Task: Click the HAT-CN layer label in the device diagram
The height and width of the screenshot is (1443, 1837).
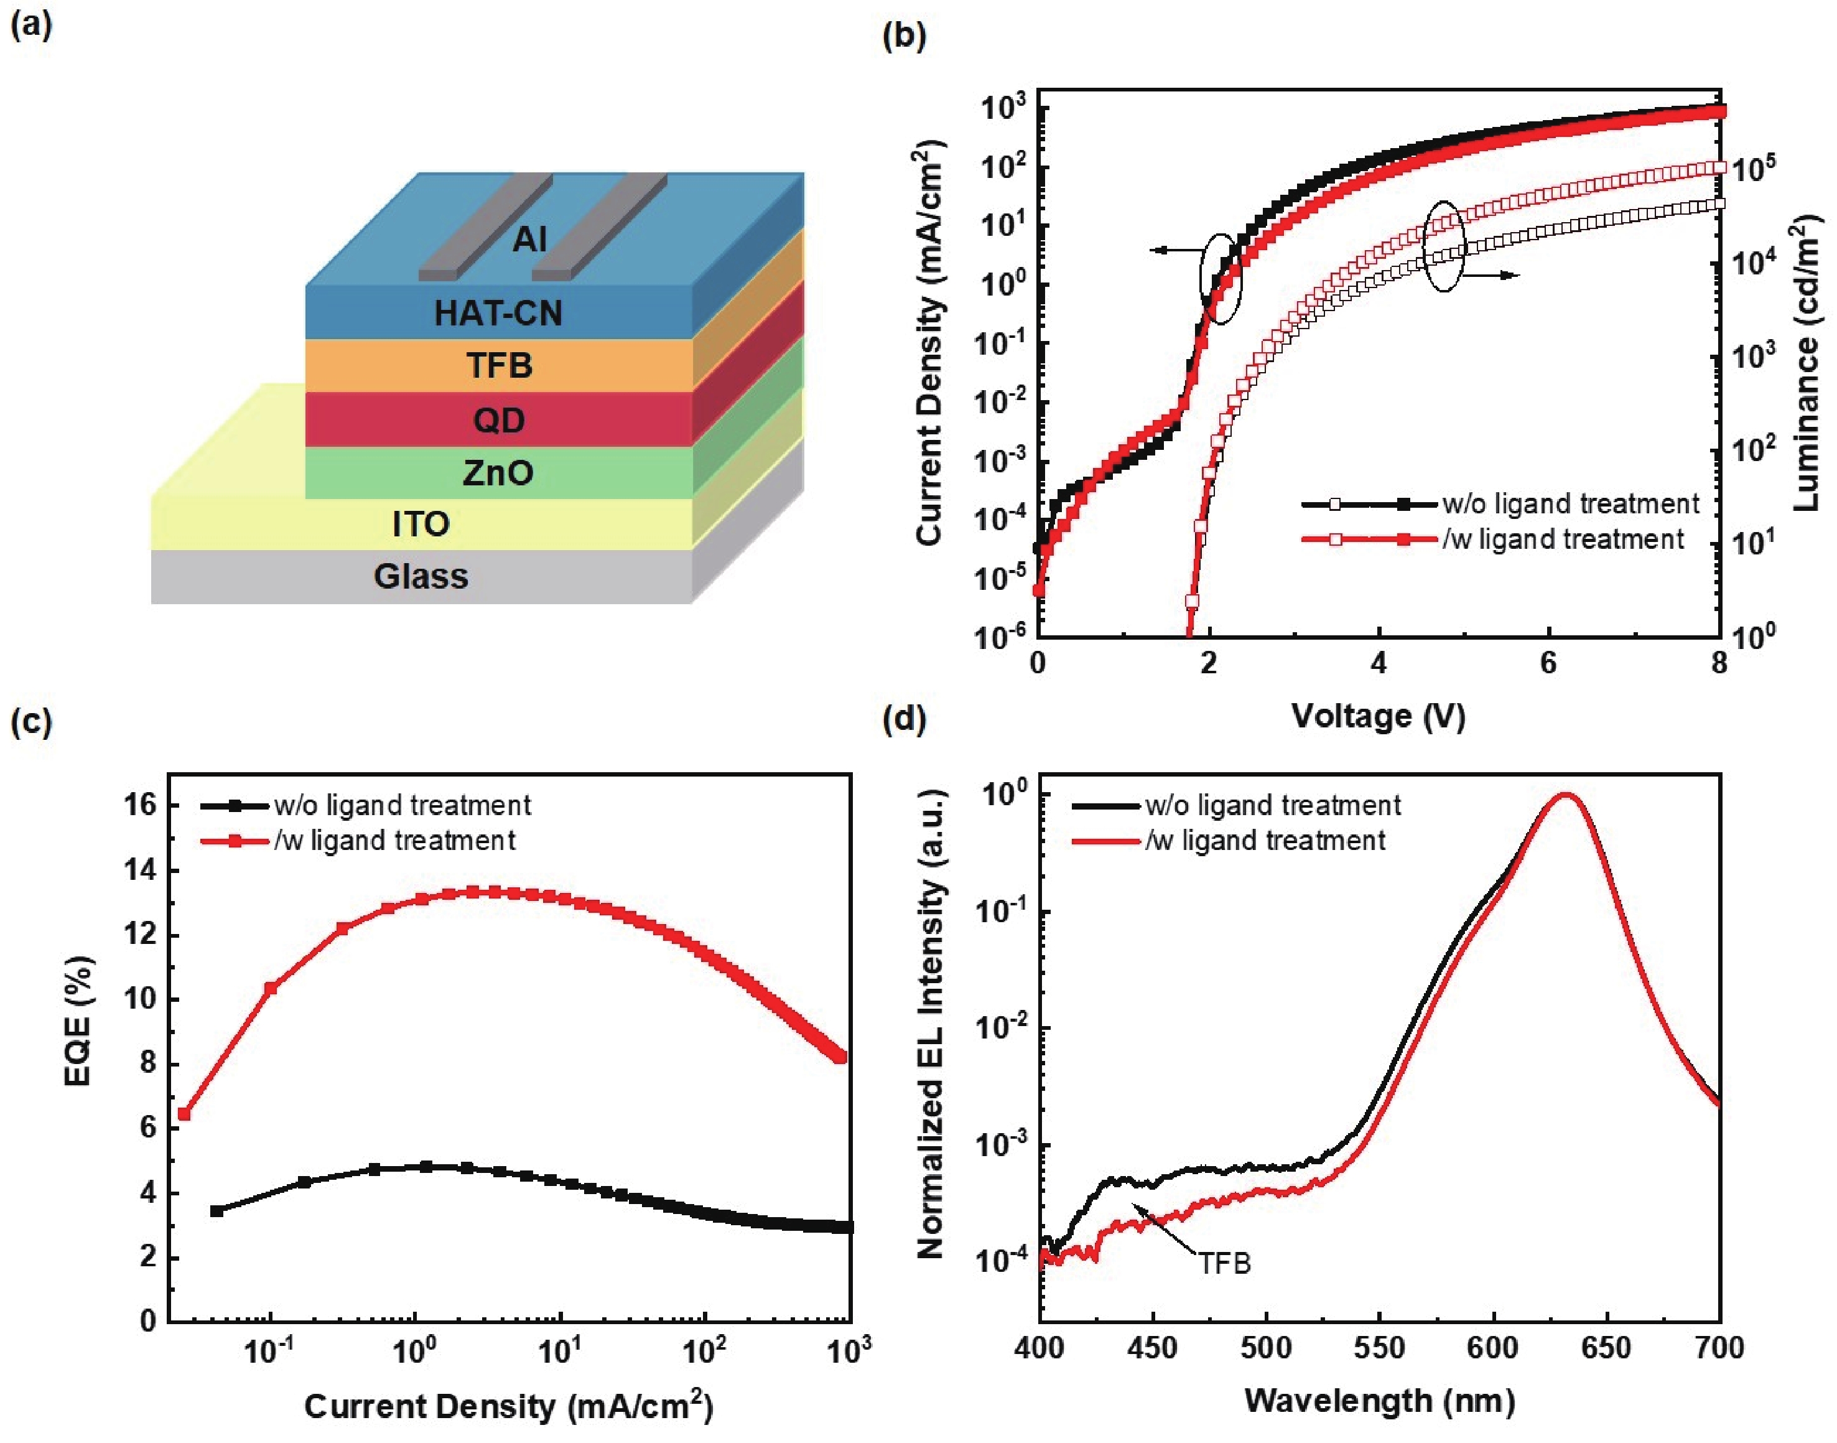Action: (x=498, y=314)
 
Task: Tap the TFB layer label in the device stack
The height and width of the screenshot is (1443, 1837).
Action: (x=499, y=366)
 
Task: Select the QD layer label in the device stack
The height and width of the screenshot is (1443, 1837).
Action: (x=498, y=420)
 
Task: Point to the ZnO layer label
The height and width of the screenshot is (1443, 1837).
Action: (x=498, y=472)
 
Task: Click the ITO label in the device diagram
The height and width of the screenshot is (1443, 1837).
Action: (x=421, y=525)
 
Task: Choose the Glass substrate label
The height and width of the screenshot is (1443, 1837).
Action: (x=421, y=577)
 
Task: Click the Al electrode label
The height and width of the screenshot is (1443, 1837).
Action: (x=529, y=240)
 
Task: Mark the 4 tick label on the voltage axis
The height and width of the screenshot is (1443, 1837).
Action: (x=1379, y=664)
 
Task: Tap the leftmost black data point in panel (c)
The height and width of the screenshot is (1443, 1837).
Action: (x=216, y=1211)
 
